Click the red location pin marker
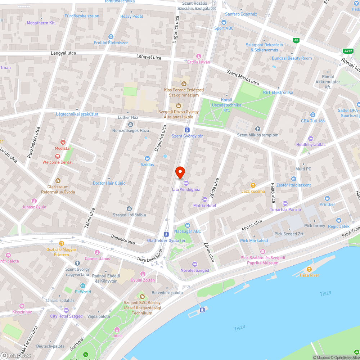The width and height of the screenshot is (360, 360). click(x=180, y=172)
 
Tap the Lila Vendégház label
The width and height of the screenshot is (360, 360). click(x=186, y=189)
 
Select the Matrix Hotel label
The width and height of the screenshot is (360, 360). click(x=204, y=205)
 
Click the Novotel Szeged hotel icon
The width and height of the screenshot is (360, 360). click(x=195, y=264)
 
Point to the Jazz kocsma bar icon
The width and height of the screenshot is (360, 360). click(x=253, y=185)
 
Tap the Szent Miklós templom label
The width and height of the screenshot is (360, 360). click(x=257, y=135)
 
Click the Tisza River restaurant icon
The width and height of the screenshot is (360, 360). click(x=309, y=269)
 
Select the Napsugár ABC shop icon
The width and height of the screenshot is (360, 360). click(x=187, y=225)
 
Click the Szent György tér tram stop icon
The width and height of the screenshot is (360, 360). click(x=187, y=130)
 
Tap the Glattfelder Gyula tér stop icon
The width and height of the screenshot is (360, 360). click(x=166, y=234)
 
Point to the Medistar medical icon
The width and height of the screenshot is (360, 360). click(x=63, y=142)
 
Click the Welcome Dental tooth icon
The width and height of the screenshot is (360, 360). click(x=57, y=156)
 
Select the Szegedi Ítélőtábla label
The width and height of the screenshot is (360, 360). click(x=129, y=215)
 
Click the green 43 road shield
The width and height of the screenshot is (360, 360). click(x=296, y=40)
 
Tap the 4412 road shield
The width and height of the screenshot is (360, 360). click(x=348, y=51)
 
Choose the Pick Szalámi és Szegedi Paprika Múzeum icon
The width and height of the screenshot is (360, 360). click(x=263, y=252)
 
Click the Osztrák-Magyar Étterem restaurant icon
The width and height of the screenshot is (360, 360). click(x=61, y=243)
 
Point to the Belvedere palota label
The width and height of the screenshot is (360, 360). click(x=167, y=293)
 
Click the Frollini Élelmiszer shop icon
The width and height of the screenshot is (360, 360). click(x=111, y=37)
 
